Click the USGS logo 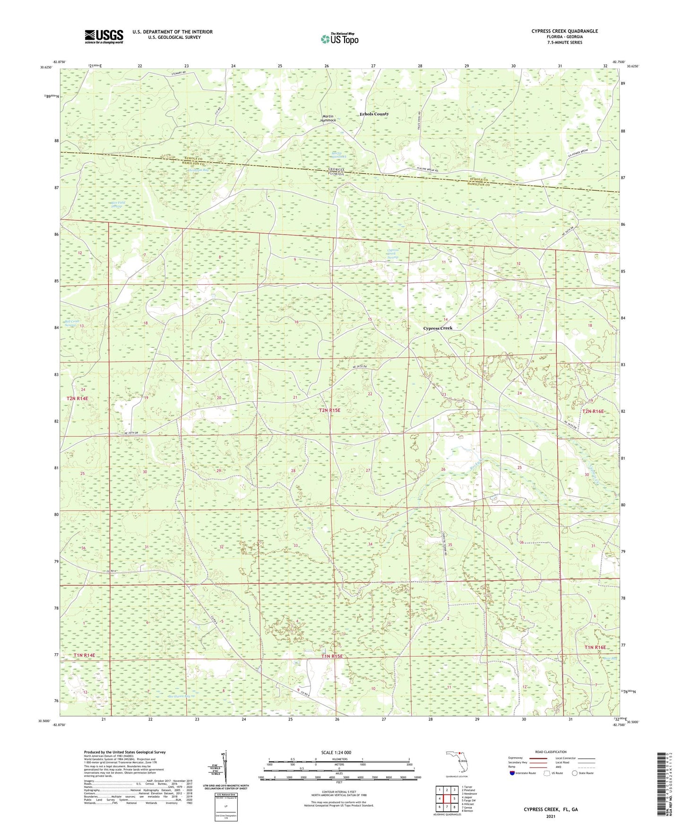click(104, 36)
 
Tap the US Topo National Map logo click(339, 39)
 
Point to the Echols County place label click(374, 114)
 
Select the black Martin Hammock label click(328, 118)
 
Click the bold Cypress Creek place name click(437, 328)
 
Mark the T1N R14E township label click(84, 655)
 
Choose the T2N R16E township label click(593, 412)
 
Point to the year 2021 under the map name click(550, 816)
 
